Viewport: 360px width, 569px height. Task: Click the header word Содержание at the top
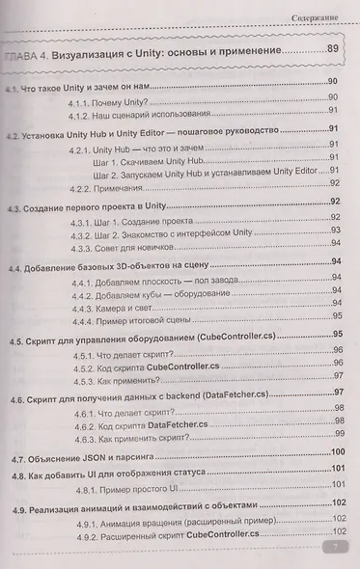pyautogui.click(x=322, y=15)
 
